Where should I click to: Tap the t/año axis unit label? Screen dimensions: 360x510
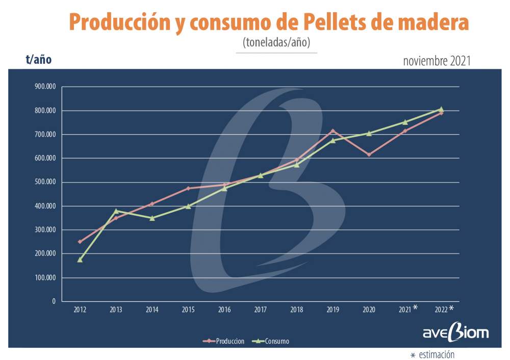[x=39, y=60]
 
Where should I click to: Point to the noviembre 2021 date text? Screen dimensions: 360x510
[x=436, y=61]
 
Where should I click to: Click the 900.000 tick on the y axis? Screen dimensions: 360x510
[x=45, y=87]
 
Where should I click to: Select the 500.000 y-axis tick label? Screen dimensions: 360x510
[x=45, y=182]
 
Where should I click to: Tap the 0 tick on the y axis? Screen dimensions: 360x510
[x=53, y=301]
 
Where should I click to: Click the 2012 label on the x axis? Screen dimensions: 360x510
[x=80, y=310]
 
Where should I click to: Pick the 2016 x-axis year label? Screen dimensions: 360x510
[x=224, y=310]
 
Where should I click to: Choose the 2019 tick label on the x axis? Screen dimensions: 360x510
[x=333, y=310]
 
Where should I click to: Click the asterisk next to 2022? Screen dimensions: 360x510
[x=451, y=308]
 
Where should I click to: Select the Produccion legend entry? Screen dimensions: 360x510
[x=224, y=341]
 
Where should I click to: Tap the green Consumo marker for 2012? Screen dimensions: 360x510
[x=80, y=260]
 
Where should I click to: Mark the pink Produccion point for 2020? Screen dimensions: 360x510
[x=369, y=155]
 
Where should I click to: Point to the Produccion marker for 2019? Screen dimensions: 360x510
[x=333, y=131]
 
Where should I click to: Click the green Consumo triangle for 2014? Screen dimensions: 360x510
[x=152, y=218]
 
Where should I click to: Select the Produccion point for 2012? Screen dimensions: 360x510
[x=80, y=242]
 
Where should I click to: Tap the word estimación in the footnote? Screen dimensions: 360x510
[x=437, y=354]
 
